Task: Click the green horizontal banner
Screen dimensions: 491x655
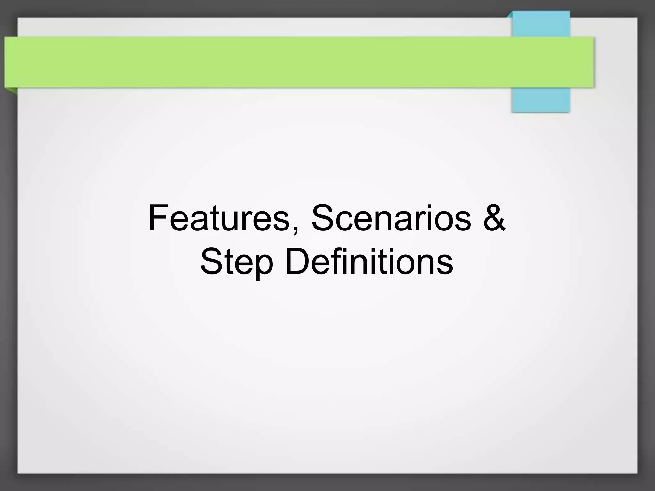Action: click(x=288, y=62)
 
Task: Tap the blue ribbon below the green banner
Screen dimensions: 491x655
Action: click(x=541, y=100)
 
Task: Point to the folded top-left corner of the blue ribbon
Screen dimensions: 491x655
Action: click(x=510, y=14)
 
